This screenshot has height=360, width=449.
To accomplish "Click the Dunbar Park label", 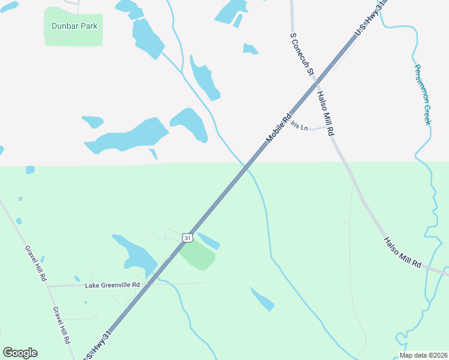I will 74,26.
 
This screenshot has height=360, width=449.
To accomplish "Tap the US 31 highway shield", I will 188,238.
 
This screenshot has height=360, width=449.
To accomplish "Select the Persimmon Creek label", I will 421,94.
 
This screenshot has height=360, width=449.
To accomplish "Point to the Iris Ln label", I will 298,127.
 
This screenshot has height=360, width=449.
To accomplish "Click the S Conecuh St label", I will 302,54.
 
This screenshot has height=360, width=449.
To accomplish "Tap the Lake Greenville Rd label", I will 112,284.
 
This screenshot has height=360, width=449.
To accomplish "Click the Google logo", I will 20,353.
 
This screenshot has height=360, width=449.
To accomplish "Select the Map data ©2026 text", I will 423,355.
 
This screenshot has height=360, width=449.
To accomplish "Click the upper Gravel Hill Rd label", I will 35,263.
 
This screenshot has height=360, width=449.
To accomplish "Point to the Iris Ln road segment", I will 318,128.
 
